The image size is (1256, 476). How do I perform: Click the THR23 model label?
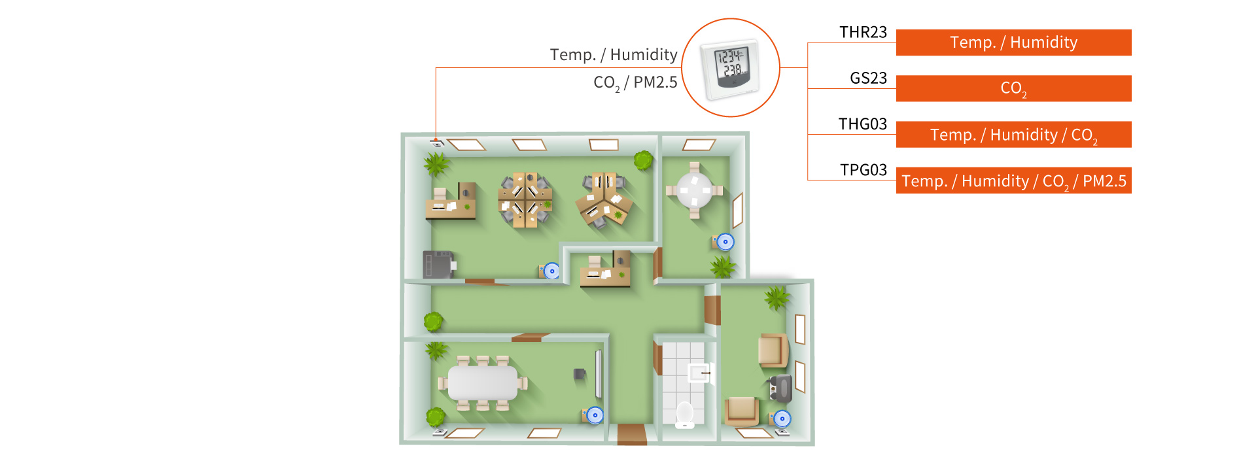coord(863,33)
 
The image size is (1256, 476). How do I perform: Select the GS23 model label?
coord(868,78)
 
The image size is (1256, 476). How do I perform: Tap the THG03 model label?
coord(863,124)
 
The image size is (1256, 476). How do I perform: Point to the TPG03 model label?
coord(863,170)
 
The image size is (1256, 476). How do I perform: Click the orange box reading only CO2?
coord(1013,88)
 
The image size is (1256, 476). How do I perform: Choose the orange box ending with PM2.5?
coord(1013,181)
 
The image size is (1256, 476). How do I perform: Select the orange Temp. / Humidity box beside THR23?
coord(1013,42)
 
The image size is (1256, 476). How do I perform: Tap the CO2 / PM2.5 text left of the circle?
coord(635,83)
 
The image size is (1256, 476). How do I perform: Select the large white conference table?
coord(483,383)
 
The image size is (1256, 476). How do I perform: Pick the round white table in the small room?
coord(694,190)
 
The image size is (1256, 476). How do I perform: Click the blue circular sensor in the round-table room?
coord(725,242)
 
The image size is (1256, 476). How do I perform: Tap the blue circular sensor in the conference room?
coord(595,415)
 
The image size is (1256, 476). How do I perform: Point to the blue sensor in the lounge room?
coord(782,418)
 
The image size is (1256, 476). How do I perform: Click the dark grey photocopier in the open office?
coord(438,264)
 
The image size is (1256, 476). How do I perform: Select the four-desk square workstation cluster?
coord(525,200)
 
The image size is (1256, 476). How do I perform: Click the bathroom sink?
coord(699,373)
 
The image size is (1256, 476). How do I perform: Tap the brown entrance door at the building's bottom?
coord(632,434)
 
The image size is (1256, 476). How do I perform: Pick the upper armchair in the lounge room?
coord(773,350)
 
